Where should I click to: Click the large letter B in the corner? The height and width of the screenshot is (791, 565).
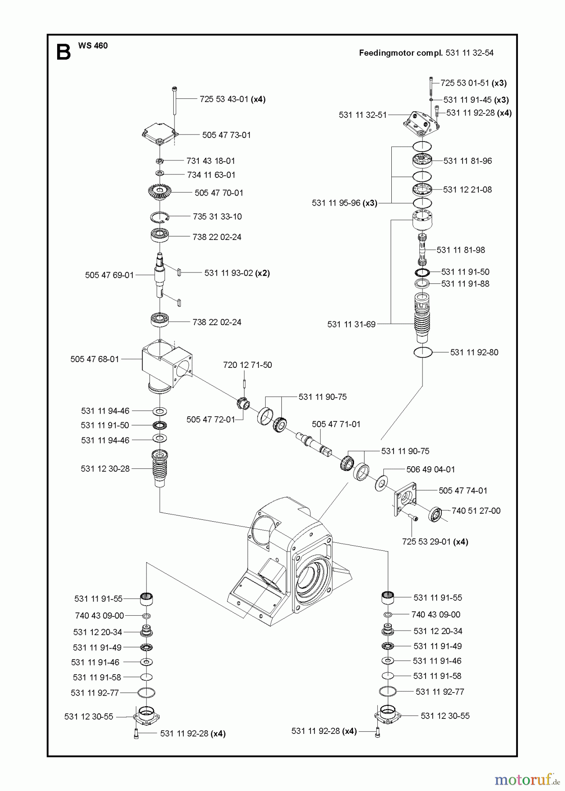[x=63, y=52]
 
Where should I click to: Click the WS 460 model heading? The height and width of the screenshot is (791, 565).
[x=93, y=45]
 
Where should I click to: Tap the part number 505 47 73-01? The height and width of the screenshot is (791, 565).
[x=226, y=135]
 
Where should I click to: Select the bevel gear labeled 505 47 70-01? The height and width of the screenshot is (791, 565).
[x=160, y=192]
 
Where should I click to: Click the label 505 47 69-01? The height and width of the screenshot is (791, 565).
[x=109, y=275]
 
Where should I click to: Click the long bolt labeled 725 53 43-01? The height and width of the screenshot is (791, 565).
[x=175, y=101]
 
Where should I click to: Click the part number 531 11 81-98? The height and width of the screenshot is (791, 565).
[x=461, y=250]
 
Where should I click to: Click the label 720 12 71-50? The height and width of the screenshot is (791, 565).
[x=247, y=365]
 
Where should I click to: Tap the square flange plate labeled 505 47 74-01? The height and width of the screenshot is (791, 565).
[x=404, y=497]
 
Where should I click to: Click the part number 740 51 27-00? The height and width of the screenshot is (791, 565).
[x=476, y=511]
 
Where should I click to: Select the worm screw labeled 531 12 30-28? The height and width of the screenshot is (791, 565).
[x=160, y=468]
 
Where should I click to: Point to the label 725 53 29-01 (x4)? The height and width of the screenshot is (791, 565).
[x=435, y=542]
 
